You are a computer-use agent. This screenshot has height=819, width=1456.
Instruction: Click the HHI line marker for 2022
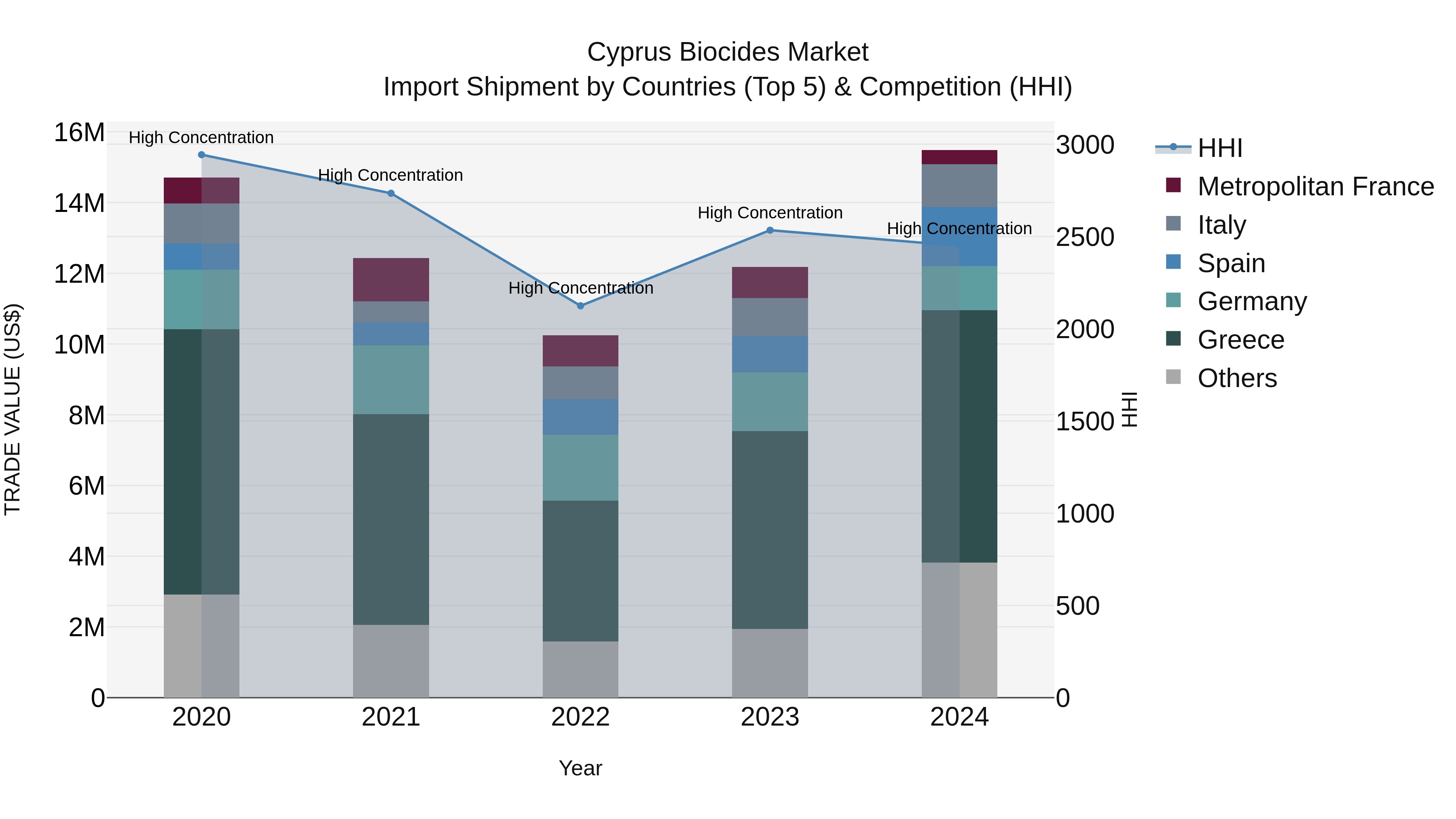coord(580,306)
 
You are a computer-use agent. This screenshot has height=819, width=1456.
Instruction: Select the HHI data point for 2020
coord(201,155)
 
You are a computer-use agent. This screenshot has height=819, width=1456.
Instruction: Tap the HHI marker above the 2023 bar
coord(770,230)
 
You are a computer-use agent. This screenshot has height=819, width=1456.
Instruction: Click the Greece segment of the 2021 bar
coord(391,519)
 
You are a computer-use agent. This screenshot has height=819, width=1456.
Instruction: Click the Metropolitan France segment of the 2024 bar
coord(959,157)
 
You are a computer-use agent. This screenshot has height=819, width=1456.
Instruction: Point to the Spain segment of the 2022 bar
coord(580,417)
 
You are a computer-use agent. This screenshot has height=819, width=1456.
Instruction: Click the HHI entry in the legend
coord(1220,148)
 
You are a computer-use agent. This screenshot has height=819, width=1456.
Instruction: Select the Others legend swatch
coord(1173,377)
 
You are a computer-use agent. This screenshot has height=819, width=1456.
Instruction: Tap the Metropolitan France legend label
coord(1315,186)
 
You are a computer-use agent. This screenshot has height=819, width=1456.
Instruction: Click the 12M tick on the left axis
coord(79,274)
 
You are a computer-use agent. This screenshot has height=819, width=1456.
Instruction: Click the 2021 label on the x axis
coord(391,717)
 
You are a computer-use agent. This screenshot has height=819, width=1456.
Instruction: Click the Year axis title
coord(580,768)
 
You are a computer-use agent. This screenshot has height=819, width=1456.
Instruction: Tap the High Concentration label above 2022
coord(580,288)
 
